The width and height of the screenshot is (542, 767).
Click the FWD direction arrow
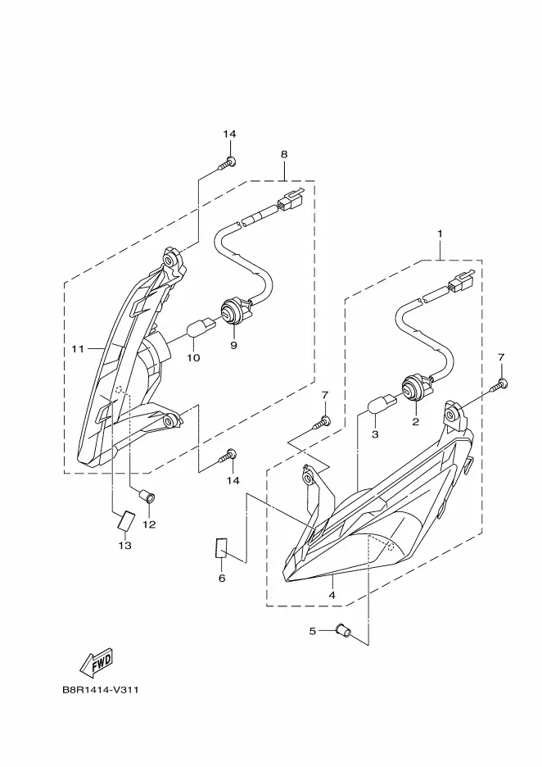(x=97, y=661)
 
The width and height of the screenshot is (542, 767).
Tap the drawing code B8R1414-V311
(x=101, y=690)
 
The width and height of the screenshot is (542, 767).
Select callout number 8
(x=284, y=154)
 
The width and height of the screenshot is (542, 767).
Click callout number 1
(x=440, y=234)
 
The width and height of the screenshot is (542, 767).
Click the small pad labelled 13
(x=126, y=521)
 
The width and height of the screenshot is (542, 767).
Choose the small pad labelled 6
(x=222, y=548)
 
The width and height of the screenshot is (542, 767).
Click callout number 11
(x=78, y=349)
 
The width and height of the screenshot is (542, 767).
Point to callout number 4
(x=332, y=595)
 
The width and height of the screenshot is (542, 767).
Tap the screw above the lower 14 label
(x=228, y=456)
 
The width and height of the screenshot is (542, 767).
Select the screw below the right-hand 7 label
(x=499, y=385)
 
